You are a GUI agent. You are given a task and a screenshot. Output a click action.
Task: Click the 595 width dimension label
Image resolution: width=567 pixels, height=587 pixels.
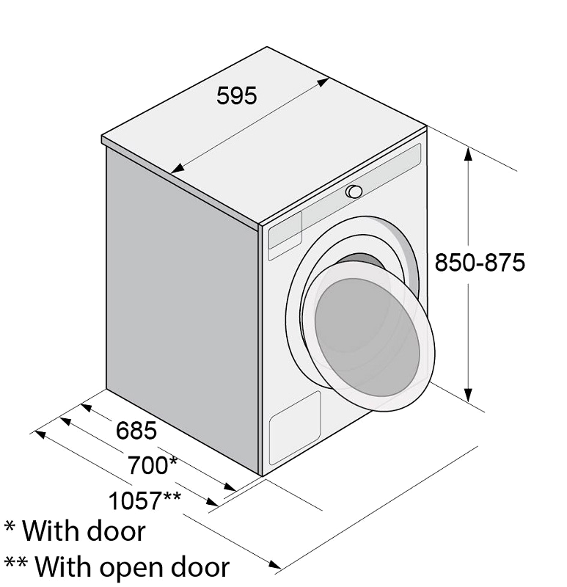pos(236,95)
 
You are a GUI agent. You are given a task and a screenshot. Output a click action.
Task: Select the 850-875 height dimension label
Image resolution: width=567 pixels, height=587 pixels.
pos(480,262)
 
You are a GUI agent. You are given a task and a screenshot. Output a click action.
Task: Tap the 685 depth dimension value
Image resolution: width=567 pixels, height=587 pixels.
pos(136,430)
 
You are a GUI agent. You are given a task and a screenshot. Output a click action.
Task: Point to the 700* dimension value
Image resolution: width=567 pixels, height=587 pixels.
pos(153,465)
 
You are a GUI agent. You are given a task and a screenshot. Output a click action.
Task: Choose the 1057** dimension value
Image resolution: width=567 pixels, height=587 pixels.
pos(145,500)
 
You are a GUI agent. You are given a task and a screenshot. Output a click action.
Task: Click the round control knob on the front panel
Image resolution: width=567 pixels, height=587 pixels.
pos(354,192)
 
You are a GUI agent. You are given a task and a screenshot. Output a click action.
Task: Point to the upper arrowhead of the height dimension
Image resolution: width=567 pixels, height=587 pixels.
pos(468,153)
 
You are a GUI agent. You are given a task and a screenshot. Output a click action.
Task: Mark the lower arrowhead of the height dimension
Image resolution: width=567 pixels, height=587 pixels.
pos(468,395)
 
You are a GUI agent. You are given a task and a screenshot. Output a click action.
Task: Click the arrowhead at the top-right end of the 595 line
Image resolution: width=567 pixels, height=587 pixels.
pos(323,82)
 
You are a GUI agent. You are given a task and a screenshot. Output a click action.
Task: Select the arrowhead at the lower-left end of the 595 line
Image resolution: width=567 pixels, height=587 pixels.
pos(178,169)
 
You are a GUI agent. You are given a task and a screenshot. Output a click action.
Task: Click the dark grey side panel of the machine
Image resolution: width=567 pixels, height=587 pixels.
pos(183,307)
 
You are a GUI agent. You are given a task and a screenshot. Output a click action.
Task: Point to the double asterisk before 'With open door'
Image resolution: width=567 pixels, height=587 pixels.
pos(15,562)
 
